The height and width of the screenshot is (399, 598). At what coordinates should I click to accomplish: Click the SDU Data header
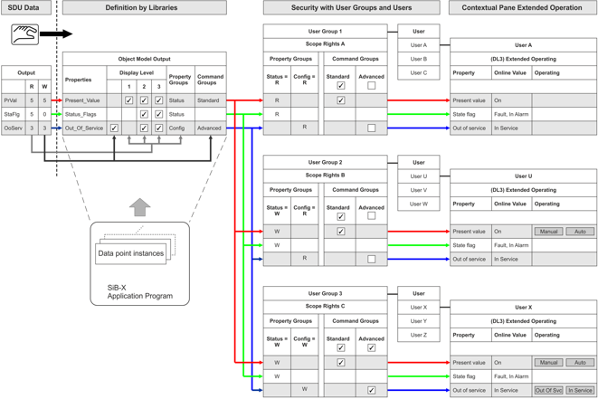pos(25,7)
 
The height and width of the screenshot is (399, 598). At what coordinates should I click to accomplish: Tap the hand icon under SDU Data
pos(25,35)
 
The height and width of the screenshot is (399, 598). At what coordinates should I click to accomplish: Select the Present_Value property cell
pos(83,100)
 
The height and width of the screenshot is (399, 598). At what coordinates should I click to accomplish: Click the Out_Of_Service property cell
pos(83,128)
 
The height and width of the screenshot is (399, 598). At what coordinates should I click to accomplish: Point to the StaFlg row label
pos(12,115)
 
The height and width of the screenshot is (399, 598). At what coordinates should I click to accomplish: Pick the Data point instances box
pos(131,254)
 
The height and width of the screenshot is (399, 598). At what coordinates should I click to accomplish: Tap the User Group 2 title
pos(325,163)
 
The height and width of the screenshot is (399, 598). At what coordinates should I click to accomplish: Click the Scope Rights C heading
pos(325,307)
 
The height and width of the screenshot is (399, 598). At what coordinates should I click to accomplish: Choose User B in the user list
pos(419,59)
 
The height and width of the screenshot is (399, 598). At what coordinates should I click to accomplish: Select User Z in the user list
pos(419,335)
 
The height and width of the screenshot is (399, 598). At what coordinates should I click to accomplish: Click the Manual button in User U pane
pos(549,232)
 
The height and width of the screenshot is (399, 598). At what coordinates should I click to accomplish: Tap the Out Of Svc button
pos(549,390)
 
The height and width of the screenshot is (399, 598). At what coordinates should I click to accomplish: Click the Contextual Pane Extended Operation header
pos(522,7)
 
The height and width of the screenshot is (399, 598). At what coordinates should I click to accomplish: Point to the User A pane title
pos(523,44)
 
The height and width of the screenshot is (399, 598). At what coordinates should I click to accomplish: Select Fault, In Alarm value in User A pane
pos(511,114)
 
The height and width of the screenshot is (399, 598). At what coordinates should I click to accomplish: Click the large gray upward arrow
pos(139,207)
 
